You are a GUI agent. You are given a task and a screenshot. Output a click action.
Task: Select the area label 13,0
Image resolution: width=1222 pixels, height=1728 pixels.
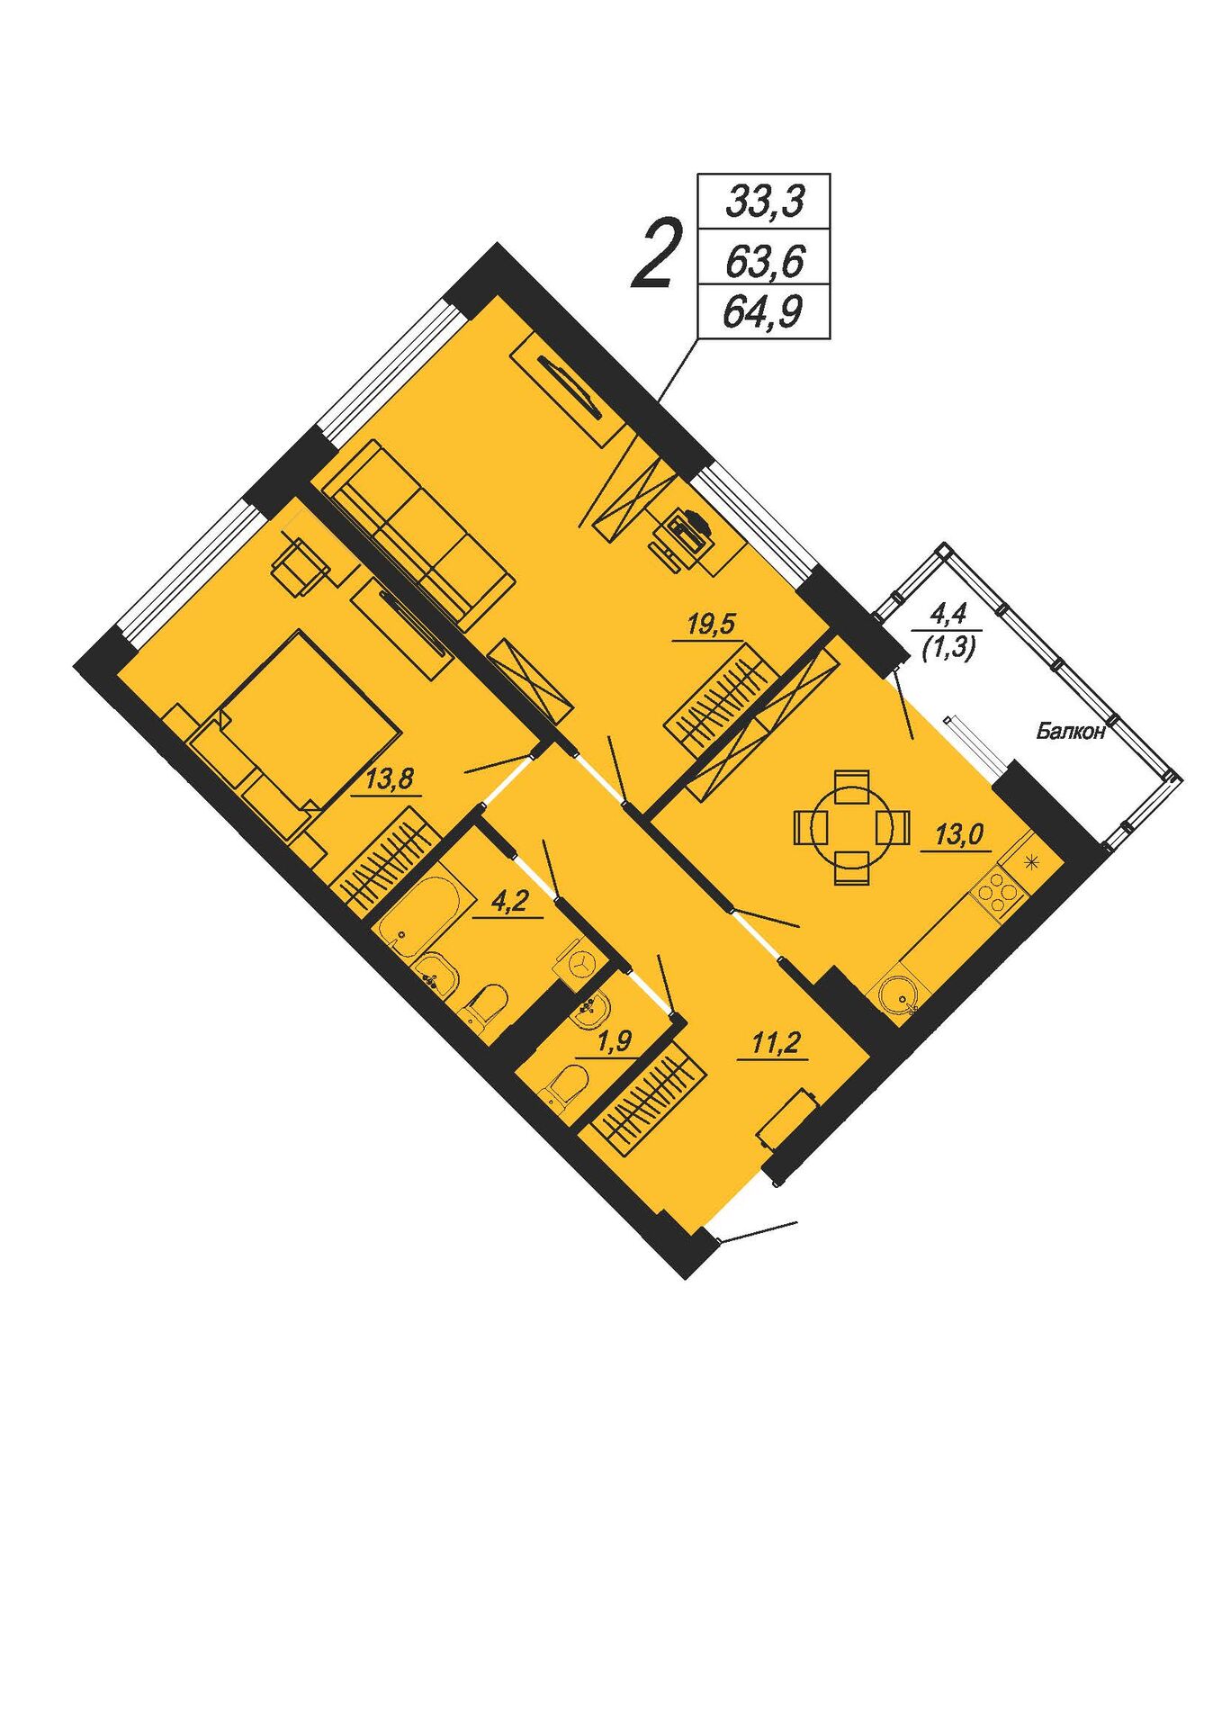coord(958,834)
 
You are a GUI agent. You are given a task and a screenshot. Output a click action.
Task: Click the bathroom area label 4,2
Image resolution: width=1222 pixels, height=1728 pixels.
coord(510,902)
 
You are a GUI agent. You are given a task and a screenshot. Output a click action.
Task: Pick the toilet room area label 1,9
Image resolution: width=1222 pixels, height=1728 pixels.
coord(615,1041)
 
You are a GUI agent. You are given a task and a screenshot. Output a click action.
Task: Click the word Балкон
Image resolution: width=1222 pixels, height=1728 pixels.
coord(1070,731)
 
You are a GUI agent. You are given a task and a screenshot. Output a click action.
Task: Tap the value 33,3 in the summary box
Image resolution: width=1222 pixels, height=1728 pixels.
coord(764,202)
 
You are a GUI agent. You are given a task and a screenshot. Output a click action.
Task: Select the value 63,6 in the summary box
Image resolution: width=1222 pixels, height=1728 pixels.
coord(764,262)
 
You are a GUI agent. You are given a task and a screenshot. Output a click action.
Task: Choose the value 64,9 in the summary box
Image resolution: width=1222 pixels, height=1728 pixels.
coord(764,311)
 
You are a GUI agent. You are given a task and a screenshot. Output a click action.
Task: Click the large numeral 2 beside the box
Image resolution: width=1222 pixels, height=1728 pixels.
coord(654,255)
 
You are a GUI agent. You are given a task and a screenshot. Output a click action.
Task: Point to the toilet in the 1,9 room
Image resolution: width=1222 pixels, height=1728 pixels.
coord(565,1086)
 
